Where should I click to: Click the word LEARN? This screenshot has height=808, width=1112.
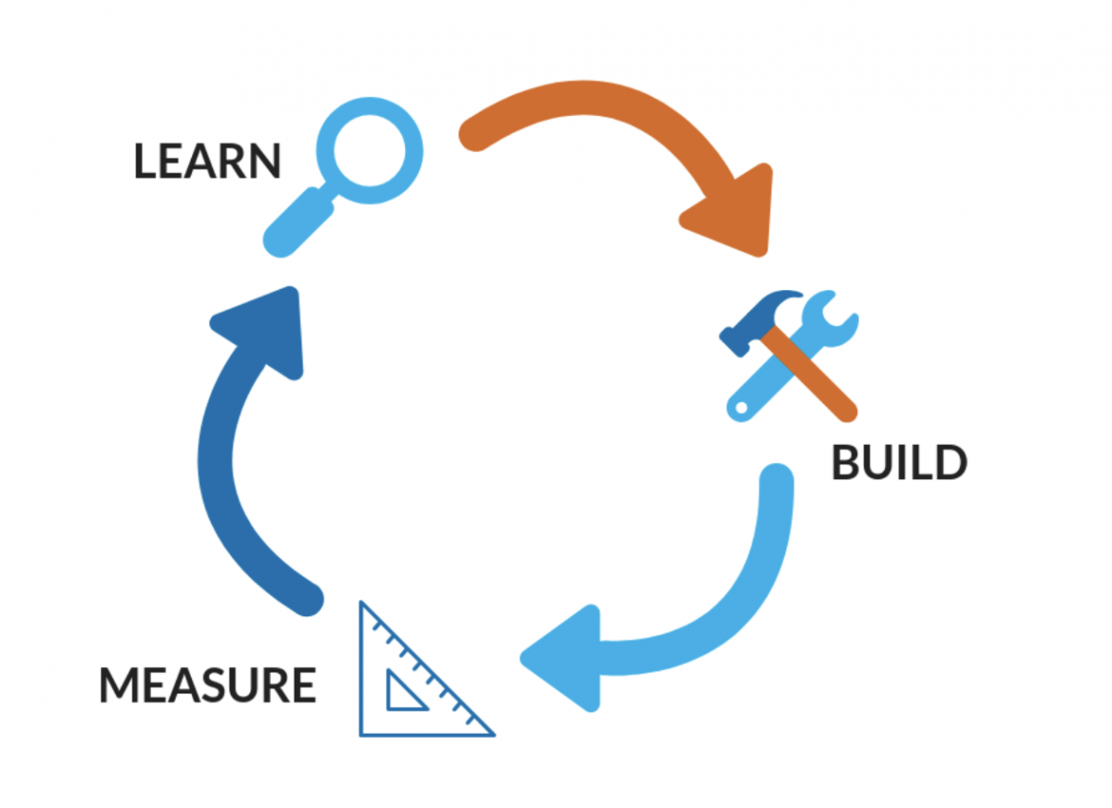tap(207, 160)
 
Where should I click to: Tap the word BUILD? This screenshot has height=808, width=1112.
tap(898, 463)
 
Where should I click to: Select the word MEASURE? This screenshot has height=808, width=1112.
tap(208, 686)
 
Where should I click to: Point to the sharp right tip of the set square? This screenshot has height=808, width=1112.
tap(490, 733)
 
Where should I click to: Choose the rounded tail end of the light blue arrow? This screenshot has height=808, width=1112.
tap(776, 483)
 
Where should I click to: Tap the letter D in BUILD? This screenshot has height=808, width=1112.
tap(950, 463)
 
